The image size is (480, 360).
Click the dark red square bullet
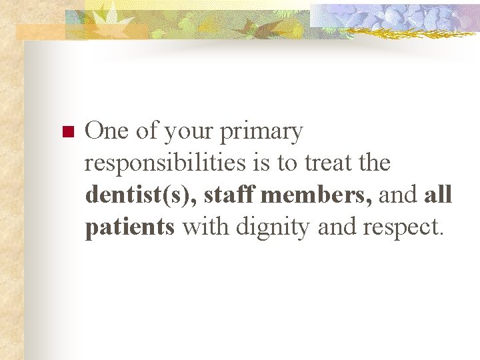pos(66,131)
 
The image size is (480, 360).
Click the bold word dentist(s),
pos(141,196)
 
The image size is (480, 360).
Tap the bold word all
pos(438,196)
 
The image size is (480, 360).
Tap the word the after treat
pos(374,163)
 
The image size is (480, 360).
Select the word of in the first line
pos(146,131)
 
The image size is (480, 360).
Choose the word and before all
pos(400,196)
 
